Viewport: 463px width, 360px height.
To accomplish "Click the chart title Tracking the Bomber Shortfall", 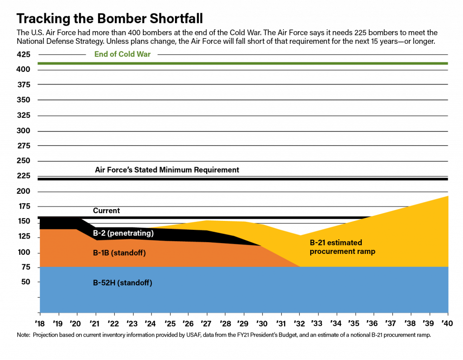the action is [109, 19].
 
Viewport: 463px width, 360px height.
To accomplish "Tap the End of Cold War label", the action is [123, 54].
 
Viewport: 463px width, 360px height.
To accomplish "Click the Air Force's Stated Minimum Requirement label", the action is [167, 170].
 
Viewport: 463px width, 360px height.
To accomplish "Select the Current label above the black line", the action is [106, 210].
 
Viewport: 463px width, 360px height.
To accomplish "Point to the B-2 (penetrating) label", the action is [123, 233].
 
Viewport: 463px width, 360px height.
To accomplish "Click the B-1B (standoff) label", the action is [119, 253].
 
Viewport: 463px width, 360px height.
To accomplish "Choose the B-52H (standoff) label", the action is [123, 283].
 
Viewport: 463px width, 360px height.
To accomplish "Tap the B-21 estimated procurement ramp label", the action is [343, 247].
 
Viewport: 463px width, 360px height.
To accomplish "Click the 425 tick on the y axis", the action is [24, 54].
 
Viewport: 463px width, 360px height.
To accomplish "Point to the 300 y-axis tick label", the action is [24, 131].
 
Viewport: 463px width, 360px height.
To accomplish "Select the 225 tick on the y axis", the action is [24, 176].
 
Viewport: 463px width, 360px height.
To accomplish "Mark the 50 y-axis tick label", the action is [26, 282].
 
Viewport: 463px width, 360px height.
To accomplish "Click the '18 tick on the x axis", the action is [40, 324].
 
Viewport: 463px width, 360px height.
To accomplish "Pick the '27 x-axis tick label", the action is [206, 324].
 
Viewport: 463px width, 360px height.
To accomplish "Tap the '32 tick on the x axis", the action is [299, 324].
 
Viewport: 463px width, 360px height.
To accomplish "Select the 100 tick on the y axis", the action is [24, 252].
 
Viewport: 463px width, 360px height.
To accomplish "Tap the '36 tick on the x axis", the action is [373, 324].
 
